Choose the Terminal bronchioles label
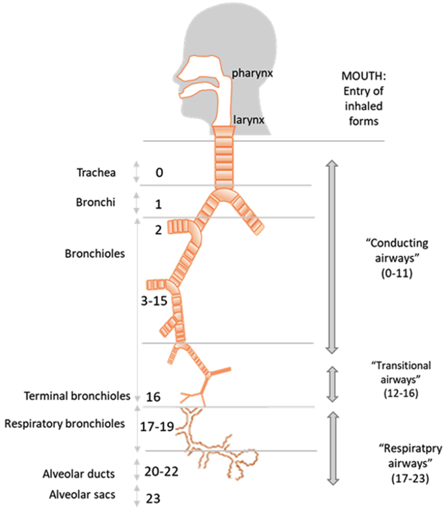click(x=77, y=397)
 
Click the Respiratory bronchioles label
click(x=65, y=423)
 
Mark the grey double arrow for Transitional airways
click(x=331, y=382)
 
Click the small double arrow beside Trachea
click(x=136, y=172)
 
